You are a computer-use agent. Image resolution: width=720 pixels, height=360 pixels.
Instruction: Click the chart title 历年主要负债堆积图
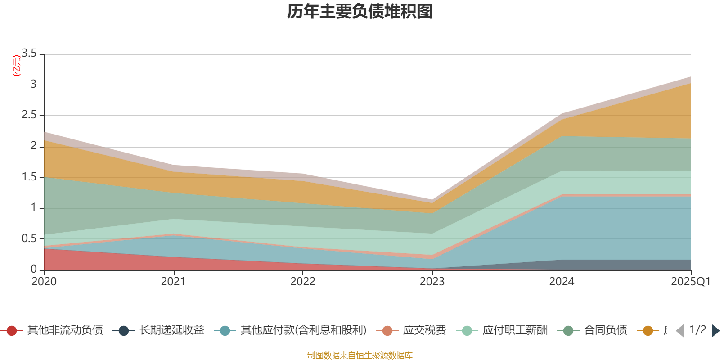click(360, 12)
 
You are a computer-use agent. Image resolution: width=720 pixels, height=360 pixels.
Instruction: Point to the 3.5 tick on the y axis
click(30, 54)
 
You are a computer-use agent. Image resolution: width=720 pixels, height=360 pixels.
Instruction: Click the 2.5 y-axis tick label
click(30, 115)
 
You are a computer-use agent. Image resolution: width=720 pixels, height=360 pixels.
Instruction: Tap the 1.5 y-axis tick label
click(30, 177)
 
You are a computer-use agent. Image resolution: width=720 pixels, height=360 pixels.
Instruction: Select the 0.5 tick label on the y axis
click(30, 239)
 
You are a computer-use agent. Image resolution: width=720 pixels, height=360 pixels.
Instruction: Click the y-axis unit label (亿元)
click(17, 66)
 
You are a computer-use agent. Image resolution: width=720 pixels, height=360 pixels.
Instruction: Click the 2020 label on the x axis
click(44, 282)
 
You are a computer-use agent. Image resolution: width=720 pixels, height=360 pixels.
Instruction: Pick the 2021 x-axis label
click(173, 282)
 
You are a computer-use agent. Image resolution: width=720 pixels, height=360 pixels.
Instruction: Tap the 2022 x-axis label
click(303, 282)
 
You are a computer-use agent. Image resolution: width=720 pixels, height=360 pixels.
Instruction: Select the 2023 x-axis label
click(432, 282)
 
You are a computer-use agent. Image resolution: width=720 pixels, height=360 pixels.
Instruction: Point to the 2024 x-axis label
click(562, 282)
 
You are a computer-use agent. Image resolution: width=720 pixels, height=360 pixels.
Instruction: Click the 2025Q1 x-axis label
click(690, 282)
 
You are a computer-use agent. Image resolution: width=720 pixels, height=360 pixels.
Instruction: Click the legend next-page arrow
click(715, 331)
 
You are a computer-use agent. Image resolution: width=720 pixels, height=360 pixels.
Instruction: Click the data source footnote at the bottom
click(360, 355)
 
